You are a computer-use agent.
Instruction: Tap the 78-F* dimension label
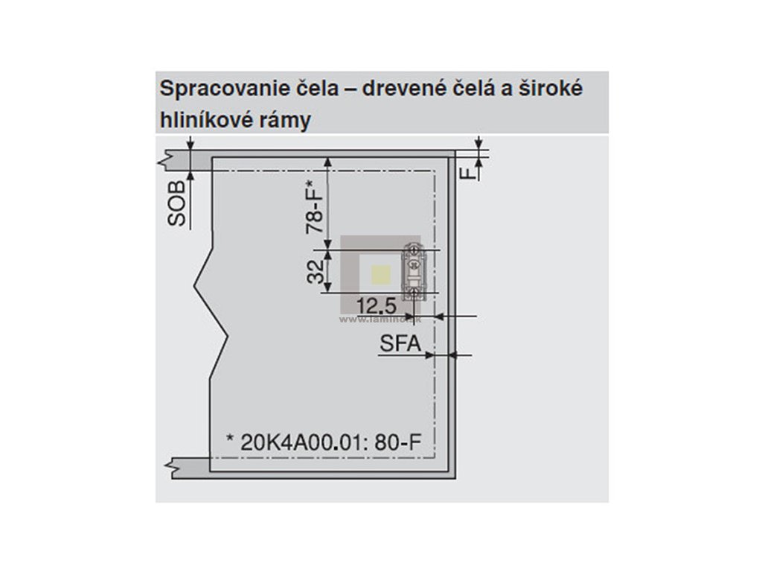click(x=316, y=209)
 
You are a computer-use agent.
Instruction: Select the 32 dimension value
click(x=316, y=272)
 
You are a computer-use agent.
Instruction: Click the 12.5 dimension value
click(x=375, y=305)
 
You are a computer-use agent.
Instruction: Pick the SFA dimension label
click(x=400, y=344)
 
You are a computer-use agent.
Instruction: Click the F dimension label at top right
click(x=467, y=173)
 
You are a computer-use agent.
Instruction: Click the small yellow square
click(x=380, y=275)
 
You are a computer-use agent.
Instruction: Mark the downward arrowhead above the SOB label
click(x=191, y=144)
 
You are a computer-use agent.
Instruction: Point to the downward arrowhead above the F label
click(x=478, y=144)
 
